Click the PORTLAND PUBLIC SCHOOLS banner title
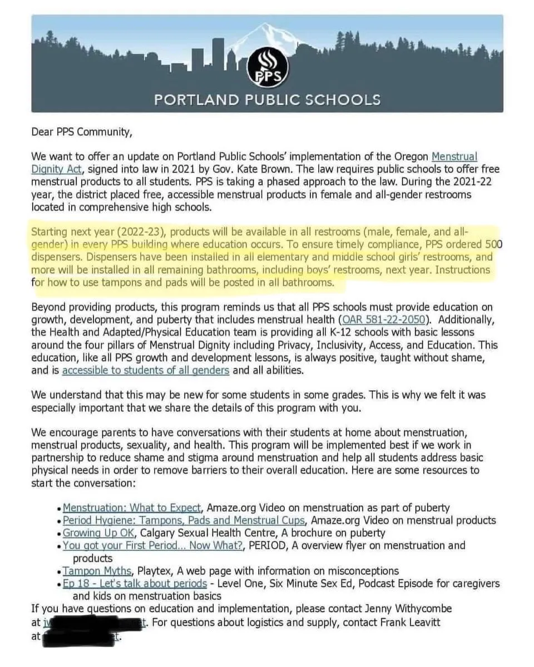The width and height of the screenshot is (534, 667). (x=267, y=100)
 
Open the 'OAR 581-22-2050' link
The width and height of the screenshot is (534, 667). (x=383, y=320)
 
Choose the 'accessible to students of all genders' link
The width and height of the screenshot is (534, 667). (x=146, y=370)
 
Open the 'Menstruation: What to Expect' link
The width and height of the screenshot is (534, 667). (x=132, y=507)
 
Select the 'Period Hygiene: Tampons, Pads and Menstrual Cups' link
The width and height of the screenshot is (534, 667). (x=184, y=520)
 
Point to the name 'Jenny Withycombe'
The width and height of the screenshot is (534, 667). (x=412, y=609)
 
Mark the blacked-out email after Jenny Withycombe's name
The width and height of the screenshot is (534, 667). (x=95, y=623)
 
